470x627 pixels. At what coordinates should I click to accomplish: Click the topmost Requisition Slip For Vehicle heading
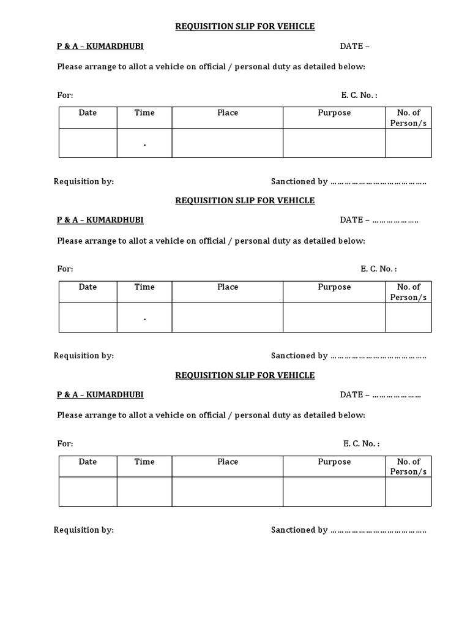pyautogui.click(x=245, y=26)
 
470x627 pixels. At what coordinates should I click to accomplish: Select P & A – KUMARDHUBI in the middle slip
pyautogui.click(x=100, y=220)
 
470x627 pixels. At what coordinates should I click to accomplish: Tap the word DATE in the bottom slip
pyautogui.click(x=351, y=395)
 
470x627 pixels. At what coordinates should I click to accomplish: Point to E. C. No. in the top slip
pyautogui.click(x=359, y=95)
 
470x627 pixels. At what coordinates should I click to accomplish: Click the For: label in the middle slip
pyautogui.click(x=65, y=269)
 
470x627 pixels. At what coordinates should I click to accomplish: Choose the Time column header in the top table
pyautogui.click(x=144, y=113)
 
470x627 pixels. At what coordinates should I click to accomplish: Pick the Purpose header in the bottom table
pyautogui.click(x=334, y=462)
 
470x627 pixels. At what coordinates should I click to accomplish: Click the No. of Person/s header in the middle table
pyautogui.click(x=408, y=292)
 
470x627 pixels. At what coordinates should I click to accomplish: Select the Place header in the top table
pyautogui.click(x=228, y=113)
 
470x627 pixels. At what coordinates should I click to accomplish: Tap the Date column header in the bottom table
pyautogui.click(x=88, y=462)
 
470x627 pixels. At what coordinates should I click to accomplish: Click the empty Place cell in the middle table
pyautogui.click(x=228, y=318)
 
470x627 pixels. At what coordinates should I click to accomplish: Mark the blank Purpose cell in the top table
pyautogui.click(x=334, y=143)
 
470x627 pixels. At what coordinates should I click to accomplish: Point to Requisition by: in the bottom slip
pyautogui.click(x=84, y=530)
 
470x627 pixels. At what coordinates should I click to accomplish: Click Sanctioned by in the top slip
pyautogui.click(x=299, y=181)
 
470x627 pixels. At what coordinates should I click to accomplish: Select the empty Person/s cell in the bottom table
pyautogui.click(x=408, y=492)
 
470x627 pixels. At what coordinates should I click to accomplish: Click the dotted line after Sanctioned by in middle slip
pyautogui.click(x=378, y=356)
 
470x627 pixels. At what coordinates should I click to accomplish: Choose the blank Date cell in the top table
pyautogui.click(x=88, y=143)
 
